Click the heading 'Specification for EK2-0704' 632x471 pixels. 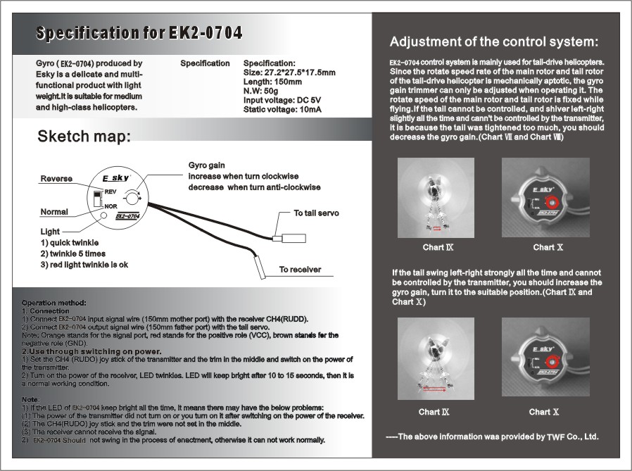[139, 33]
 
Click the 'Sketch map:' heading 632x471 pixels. [84, 137]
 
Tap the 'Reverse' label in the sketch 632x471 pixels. [56, 179]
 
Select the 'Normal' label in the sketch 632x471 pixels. [54, 212]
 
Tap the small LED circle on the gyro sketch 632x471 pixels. [103, 215]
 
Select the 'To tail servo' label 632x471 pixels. [317, 213]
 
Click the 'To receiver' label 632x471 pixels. [300, 270]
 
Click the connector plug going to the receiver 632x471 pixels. [260, 268]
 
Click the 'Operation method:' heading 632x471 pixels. [53, 302]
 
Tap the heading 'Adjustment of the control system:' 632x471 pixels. [493, 42]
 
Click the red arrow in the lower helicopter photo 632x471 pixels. [436, 387]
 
